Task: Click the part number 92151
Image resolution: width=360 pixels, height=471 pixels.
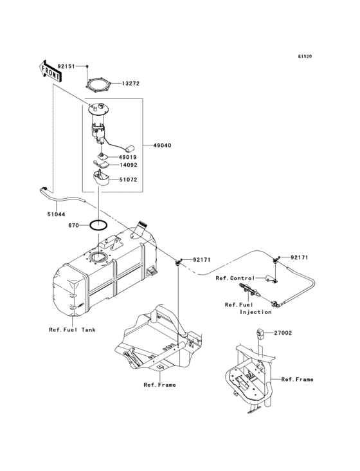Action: point(66,66)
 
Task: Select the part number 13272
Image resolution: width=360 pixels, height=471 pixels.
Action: point(132,83)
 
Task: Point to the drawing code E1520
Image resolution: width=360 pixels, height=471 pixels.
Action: point(304,57)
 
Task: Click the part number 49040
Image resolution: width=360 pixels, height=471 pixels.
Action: point(163,146)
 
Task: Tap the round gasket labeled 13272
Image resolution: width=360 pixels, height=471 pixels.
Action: point(99,84)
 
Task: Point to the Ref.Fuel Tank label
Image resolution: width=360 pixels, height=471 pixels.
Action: point(71,329)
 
